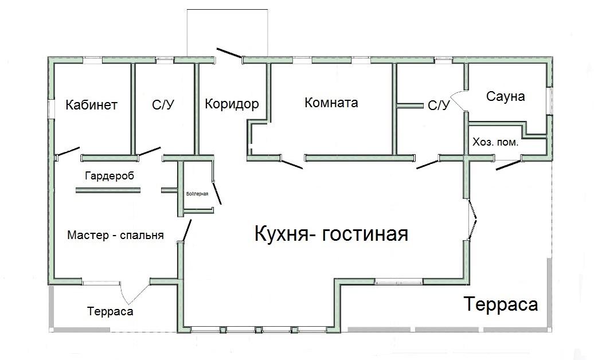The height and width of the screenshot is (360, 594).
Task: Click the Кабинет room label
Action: pos(92,105)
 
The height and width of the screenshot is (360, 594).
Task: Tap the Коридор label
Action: pos(232,104)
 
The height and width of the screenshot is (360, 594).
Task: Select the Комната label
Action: pos(331,103)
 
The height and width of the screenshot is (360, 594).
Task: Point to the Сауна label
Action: pos(505,96)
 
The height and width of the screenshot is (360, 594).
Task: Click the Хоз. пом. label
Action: pos(495,142)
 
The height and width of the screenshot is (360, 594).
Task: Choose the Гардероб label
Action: pos(109,175)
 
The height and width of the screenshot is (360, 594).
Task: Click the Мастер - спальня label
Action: pos(115,235)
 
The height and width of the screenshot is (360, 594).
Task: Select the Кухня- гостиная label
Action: pos(331,234)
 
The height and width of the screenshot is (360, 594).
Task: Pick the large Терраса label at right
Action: pos(501,304)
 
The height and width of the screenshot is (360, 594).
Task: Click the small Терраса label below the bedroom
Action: pos(110,311)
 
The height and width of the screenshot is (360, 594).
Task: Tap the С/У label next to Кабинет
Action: pos(163,105)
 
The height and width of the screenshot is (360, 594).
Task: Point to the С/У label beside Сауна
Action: pos(439,105)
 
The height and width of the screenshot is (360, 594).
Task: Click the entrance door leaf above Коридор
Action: pos(229,52)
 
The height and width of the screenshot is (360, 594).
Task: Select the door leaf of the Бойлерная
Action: pos(217,193)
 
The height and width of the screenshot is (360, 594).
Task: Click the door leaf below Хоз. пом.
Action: pos(508,166)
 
